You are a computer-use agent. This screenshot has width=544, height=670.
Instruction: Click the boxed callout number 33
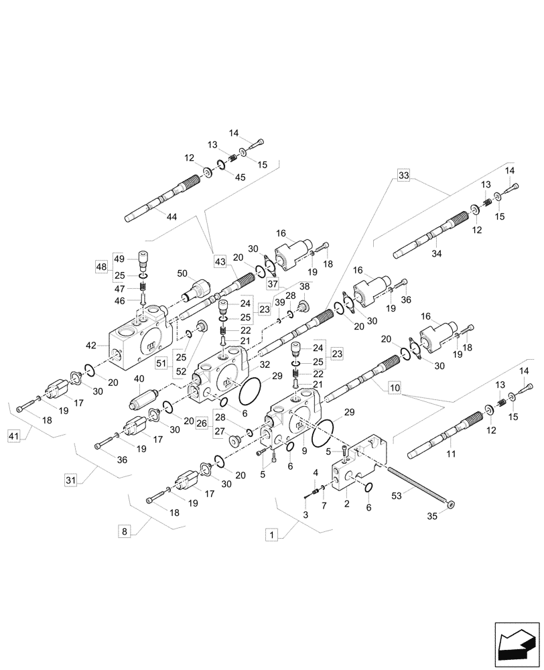[403, 176]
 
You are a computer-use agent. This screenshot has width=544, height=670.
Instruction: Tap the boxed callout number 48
[101, 267]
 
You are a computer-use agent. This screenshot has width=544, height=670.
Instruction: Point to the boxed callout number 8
[123, 531]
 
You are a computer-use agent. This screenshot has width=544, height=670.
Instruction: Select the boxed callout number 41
[14, 436]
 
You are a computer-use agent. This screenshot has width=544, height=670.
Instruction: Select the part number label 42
[92, 346]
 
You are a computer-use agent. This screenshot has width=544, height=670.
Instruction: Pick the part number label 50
[182, 274]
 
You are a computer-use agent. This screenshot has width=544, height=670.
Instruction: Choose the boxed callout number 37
[273, 284]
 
